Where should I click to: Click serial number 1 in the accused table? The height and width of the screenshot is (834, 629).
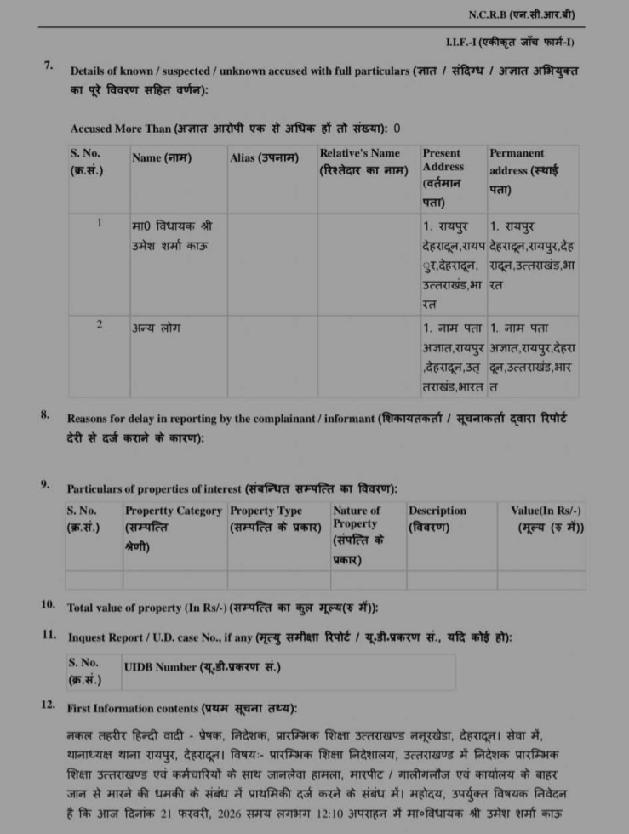click(100, 224)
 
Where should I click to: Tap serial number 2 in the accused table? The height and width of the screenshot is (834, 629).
click(100, 325)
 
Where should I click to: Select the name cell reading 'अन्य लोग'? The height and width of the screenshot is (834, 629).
click(156, 328)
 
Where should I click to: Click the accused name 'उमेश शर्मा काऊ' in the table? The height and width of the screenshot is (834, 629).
click(170, 246)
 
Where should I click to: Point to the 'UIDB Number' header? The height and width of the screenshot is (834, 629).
click(203, 667)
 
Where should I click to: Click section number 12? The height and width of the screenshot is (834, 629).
click(48, 706)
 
